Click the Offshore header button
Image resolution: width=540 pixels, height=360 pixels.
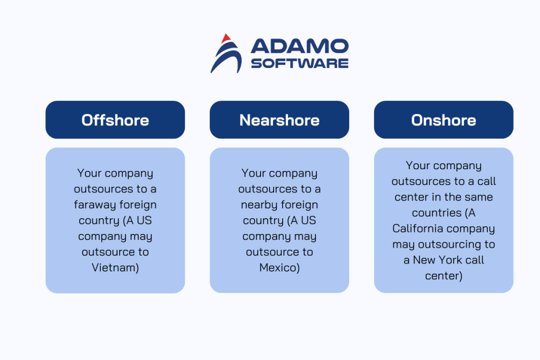[x=115, y=120]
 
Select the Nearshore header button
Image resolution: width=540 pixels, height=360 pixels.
[x=279, y=120]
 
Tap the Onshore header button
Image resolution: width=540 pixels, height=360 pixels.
[x=443, y=120]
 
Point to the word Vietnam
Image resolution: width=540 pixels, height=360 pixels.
[x=115, y=268]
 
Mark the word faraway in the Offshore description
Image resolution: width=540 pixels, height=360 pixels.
[x=93, y=205]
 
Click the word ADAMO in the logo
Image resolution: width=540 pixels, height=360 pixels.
[x=299, y=46]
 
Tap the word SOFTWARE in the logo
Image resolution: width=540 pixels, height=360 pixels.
[x=299, y=63]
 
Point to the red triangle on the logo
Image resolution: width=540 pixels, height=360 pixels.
[x=226, y=38]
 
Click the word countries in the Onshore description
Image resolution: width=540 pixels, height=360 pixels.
[x=430, y=212]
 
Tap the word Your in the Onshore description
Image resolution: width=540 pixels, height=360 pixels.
[x=418, y=166]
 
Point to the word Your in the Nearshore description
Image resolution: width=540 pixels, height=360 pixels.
[x=254, y=173]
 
